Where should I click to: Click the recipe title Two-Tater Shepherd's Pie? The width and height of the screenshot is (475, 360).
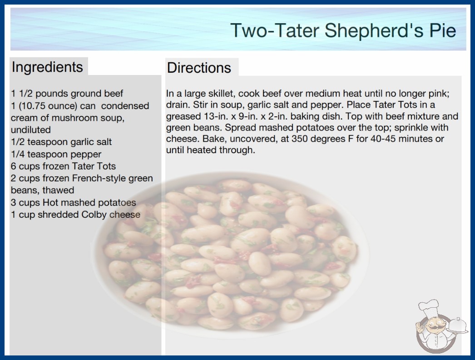343,30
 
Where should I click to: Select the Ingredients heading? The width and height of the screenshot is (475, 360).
47,67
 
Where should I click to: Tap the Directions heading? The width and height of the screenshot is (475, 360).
199,68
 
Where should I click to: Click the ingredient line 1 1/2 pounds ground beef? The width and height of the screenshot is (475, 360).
67,94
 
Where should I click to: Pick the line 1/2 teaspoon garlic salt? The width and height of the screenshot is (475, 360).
61,142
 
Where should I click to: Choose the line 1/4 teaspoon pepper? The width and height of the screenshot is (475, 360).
56,154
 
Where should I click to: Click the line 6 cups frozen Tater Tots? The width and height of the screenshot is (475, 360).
63,166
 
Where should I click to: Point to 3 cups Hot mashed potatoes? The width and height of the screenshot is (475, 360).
73,202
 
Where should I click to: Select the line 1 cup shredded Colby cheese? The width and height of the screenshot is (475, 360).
76,215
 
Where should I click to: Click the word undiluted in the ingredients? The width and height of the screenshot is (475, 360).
30,130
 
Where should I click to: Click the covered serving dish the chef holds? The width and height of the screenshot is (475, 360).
458,326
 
